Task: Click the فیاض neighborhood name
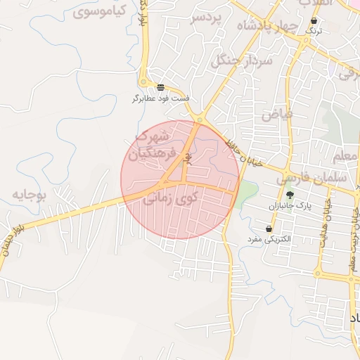point(276,112)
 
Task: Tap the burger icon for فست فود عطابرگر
point(161,87)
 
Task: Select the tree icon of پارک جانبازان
point(290,195)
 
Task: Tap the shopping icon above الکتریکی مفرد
point(269,229)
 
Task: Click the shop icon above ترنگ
point(314,22)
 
